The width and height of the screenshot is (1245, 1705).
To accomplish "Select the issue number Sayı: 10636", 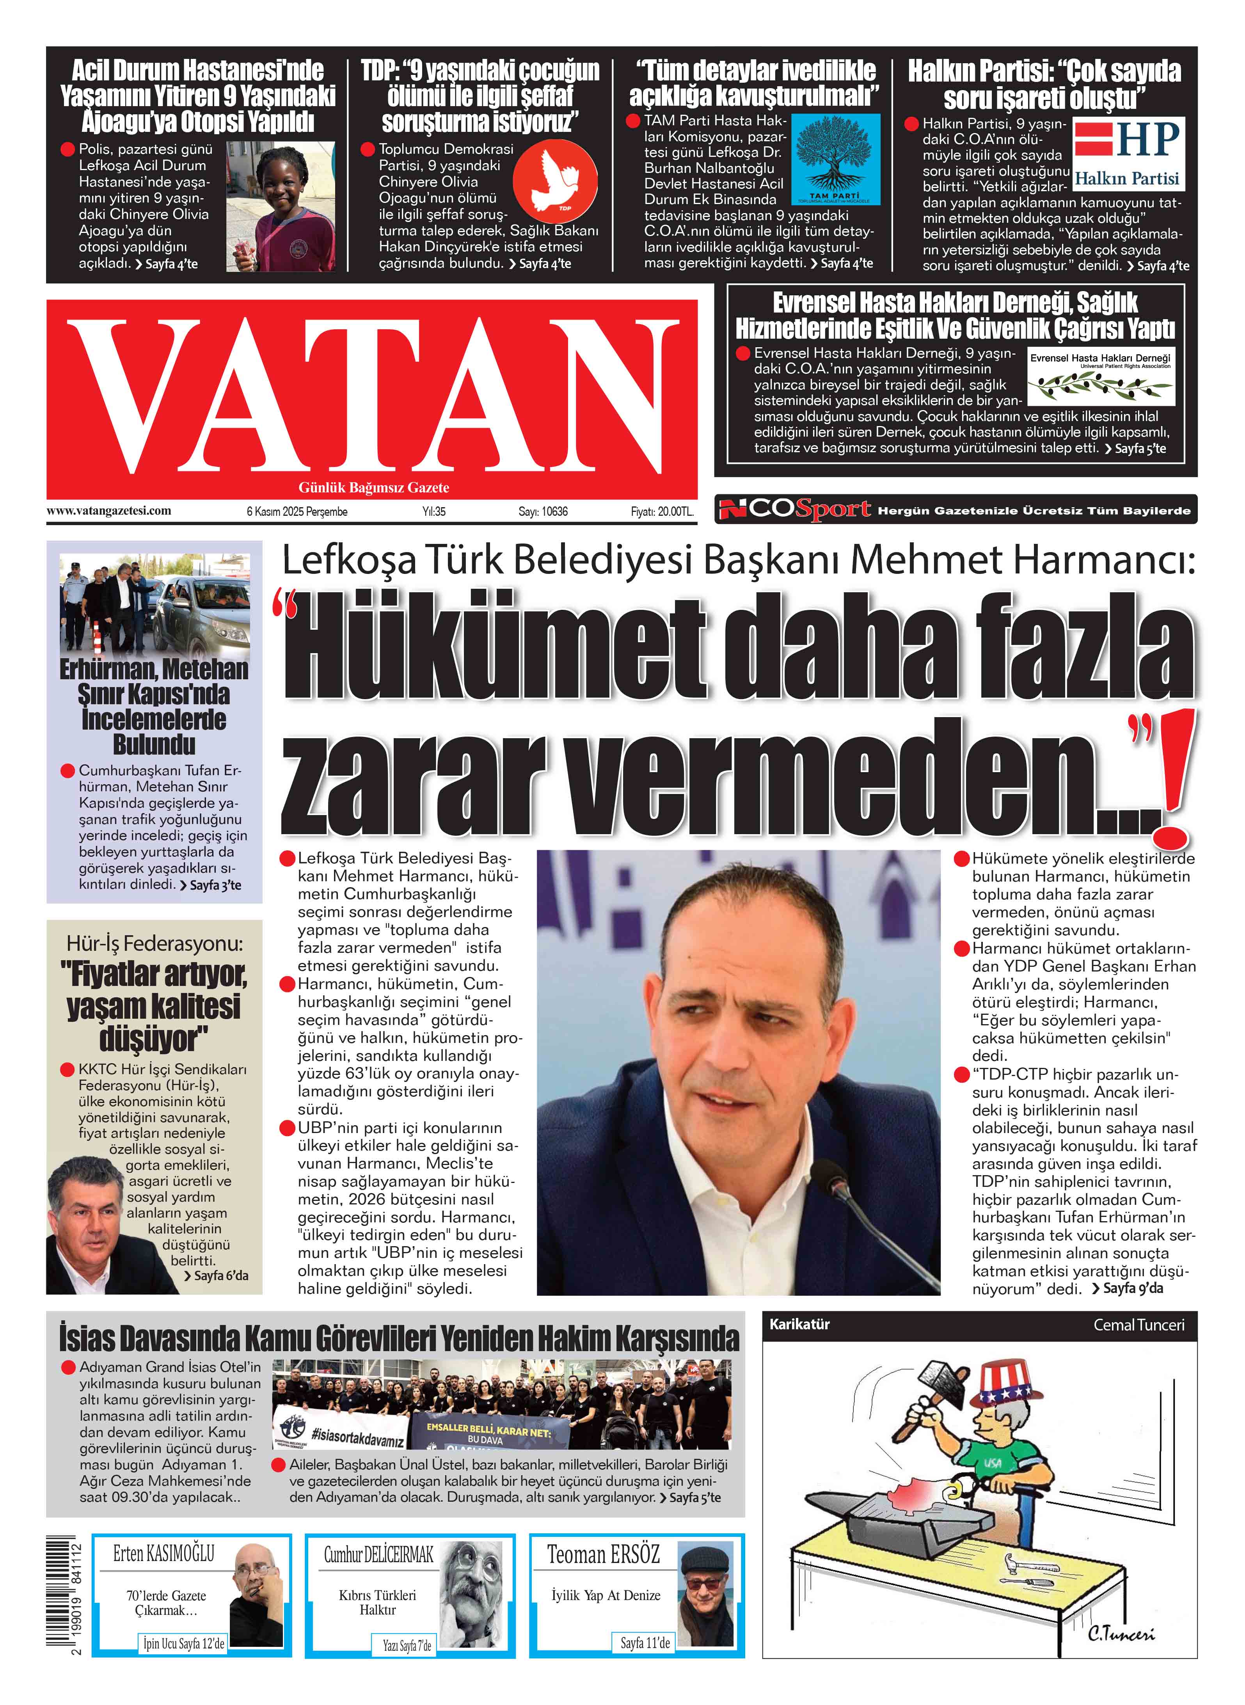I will [543, 511].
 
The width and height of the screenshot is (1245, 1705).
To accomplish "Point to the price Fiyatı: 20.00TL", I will [661, 511].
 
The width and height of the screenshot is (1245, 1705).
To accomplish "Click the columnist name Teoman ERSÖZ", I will [603, 1554].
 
